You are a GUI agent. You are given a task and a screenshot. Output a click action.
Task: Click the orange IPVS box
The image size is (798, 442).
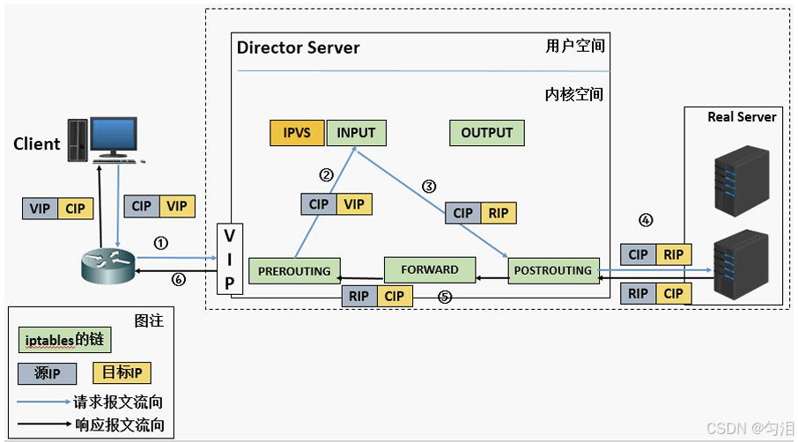[297, 133]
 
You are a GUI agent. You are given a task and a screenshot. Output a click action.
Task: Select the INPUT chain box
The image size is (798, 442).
[356, 133]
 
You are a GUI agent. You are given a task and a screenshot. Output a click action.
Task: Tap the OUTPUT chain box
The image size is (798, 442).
[486, 133]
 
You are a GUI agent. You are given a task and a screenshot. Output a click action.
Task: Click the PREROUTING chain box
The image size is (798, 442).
[294, 271]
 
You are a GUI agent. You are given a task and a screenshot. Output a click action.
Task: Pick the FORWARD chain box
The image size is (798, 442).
[430, 269]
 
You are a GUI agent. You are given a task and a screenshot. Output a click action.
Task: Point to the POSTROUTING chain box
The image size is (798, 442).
[553, 270]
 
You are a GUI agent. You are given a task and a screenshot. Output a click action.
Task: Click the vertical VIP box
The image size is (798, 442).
[230, 259]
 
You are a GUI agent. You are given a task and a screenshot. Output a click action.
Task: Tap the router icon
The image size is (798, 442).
[107, 266]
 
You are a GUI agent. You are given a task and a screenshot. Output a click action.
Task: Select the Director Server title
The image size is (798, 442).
[299, 48]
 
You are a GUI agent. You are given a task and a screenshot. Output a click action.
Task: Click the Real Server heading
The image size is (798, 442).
[742, 117]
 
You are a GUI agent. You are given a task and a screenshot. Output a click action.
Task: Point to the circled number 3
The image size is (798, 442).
[429, 187]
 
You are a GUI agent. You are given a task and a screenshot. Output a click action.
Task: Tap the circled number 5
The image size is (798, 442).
[445, 297]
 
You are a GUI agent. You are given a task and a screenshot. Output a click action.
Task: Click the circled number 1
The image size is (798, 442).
[161, 244]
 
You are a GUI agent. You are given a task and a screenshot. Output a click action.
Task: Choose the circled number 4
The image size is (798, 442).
[646, 220]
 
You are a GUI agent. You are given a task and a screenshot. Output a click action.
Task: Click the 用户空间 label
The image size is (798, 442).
[575, 47]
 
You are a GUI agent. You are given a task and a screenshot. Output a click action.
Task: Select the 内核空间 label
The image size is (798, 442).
[574, 94]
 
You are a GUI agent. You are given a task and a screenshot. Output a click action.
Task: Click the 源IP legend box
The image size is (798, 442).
[47, 373]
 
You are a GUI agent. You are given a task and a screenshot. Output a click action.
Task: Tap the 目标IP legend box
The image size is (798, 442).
[122, 372]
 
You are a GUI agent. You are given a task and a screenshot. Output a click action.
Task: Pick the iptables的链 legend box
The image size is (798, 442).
[64, 340]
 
